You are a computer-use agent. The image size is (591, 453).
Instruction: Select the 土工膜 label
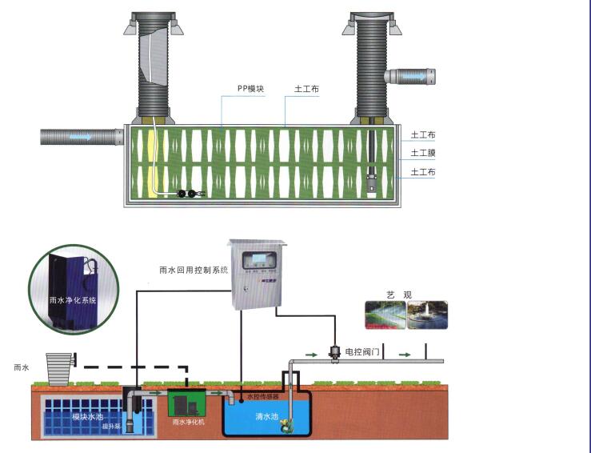click(423, 153)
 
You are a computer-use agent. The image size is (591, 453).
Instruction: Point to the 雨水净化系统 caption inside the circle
click(73, 300)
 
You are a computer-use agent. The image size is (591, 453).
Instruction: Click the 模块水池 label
click(86, 416)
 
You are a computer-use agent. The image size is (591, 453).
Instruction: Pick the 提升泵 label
click(111, 426)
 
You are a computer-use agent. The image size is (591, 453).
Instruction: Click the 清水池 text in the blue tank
click(266, 417)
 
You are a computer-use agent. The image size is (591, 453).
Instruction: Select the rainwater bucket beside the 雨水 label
click(60, 367)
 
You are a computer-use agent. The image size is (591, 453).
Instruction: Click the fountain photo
click(428, 315)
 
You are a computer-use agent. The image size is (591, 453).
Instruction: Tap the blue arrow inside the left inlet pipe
click(80, 137)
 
